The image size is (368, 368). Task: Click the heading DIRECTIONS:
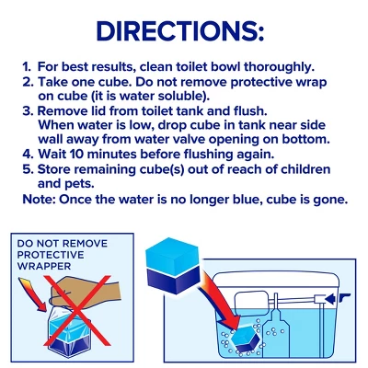tap(180, 31)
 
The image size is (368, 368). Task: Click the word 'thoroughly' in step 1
tap(279, 67)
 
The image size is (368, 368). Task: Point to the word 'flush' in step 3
tap(249, 111)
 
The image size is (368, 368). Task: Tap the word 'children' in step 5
tap(305, 169)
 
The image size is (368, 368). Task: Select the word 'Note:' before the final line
tap(39, 200)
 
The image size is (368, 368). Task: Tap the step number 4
tap(26, 155)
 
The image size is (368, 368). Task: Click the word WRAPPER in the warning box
tap(44, 266)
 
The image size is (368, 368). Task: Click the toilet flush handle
tap(344, 296)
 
